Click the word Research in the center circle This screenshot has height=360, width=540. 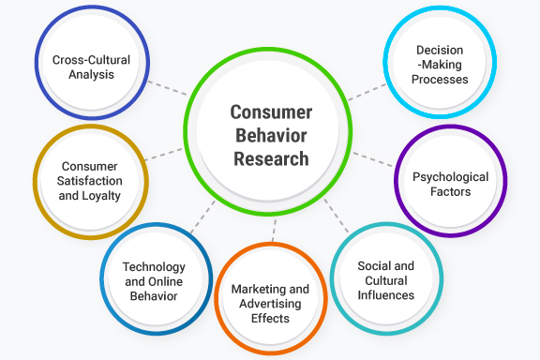pos(271,158)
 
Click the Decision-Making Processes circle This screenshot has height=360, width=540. pos(440,65)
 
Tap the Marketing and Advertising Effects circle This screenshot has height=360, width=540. pos(270,303)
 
